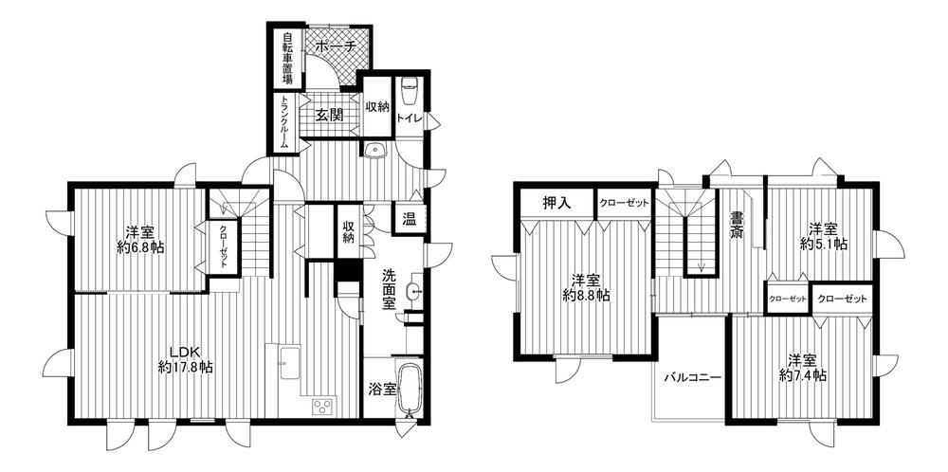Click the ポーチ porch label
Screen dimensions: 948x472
[334, 45]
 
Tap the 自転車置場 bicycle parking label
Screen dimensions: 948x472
[286, 58]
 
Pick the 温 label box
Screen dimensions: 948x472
[410, 219]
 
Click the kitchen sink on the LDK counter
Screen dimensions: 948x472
[290, 361]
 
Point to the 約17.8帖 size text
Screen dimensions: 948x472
[185, 366]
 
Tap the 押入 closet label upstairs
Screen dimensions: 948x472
[556, 203]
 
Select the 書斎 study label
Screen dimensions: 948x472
[736, 225]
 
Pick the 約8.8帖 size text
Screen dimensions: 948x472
[585, 296]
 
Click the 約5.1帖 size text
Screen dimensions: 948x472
[824, 245]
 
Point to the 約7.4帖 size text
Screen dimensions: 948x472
[803, 375]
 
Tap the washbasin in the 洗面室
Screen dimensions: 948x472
[415, 291]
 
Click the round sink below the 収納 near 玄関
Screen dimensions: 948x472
[374, 149]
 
